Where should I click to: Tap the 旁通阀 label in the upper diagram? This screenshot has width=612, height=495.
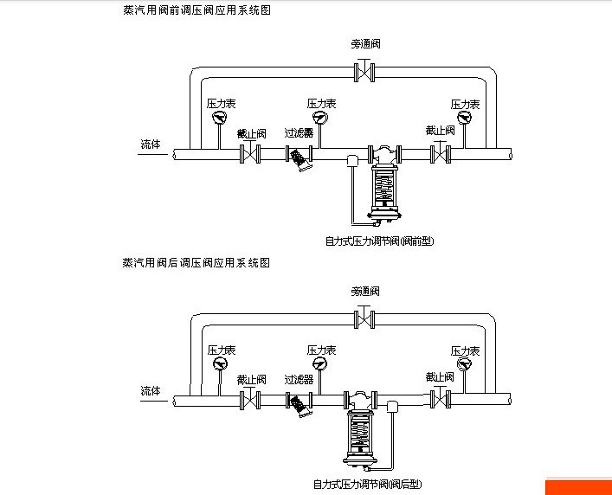pos(366,43)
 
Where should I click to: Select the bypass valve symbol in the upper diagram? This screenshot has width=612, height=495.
pos(366,72)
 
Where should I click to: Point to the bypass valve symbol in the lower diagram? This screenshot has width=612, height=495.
pos(366,319)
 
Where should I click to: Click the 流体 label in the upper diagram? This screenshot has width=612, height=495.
pos(151,145)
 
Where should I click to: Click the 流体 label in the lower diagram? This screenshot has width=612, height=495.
pos(151,391)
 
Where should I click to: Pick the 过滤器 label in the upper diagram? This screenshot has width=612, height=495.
pos(299,133)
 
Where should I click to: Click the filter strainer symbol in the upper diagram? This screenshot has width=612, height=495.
pos(300,159)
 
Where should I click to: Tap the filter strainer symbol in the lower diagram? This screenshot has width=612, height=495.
pos(300,405)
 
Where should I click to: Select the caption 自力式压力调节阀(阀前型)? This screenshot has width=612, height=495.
pos(379,241)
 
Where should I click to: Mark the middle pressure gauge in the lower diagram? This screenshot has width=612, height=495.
pos(320,364)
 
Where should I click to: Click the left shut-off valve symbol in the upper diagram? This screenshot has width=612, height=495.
pos(250,155)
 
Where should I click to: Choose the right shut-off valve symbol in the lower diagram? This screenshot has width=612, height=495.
pos(441,400)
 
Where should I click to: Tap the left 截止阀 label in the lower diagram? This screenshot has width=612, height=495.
pos(251,379)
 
